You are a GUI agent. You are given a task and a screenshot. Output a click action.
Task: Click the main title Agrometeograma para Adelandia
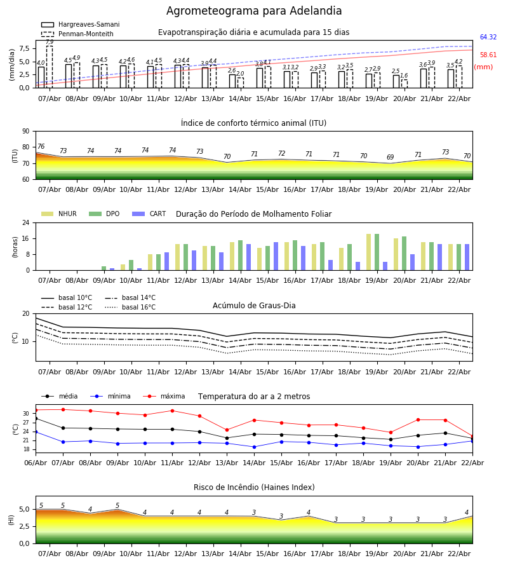[254, 11]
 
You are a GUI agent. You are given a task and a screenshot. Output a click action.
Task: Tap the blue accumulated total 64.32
[488, 38]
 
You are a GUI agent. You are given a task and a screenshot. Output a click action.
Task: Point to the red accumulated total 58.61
[488, 56]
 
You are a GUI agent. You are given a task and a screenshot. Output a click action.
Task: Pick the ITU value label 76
[41, 147]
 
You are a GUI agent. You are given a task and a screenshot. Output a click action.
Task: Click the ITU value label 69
[390, 158]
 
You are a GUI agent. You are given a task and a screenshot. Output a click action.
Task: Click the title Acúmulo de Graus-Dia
[254, 306]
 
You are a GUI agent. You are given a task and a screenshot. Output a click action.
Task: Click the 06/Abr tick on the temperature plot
[36, 463]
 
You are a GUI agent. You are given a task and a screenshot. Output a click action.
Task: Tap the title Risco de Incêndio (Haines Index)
[254, 487]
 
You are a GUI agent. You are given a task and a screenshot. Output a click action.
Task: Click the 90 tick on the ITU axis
[25, 132]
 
